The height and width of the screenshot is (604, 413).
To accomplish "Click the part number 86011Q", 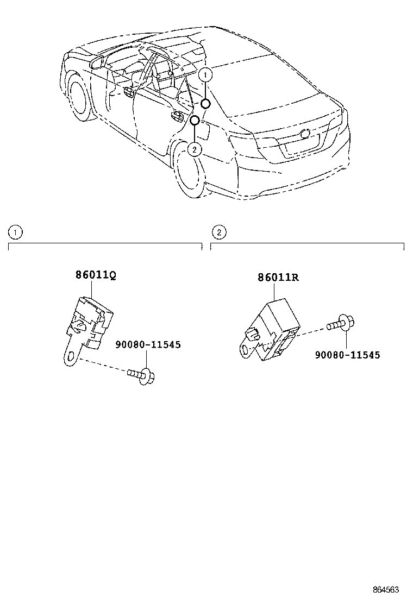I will (x=95, y=275).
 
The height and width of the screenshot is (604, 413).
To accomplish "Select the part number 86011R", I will (x=278, y=278).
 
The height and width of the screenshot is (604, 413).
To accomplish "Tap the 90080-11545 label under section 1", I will (x=147, y=344).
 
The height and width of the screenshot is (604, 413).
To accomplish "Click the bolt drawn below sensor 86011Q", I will (x=142, y=374).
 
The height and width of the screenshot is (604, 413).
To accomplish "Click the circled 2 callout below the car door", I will (x=195, y=148).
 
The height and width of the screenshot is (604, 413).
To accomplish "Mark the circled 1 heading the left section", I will (x=15, y=232).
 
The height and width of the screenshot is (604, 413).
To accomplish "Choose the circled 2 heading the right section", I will (x=218, y=232).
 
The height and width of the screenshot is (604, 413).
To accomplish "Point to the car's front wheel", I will (x=80, y=101).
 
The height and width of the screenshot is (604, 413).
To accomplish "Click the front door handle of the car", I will (x=129, y=92).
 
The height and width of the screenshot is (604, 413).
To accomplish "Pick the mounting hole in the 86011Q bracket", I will (x=68, y=356).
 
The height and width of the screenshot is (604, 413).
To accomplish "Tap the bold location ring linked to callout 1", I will (x=206, y=104).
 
